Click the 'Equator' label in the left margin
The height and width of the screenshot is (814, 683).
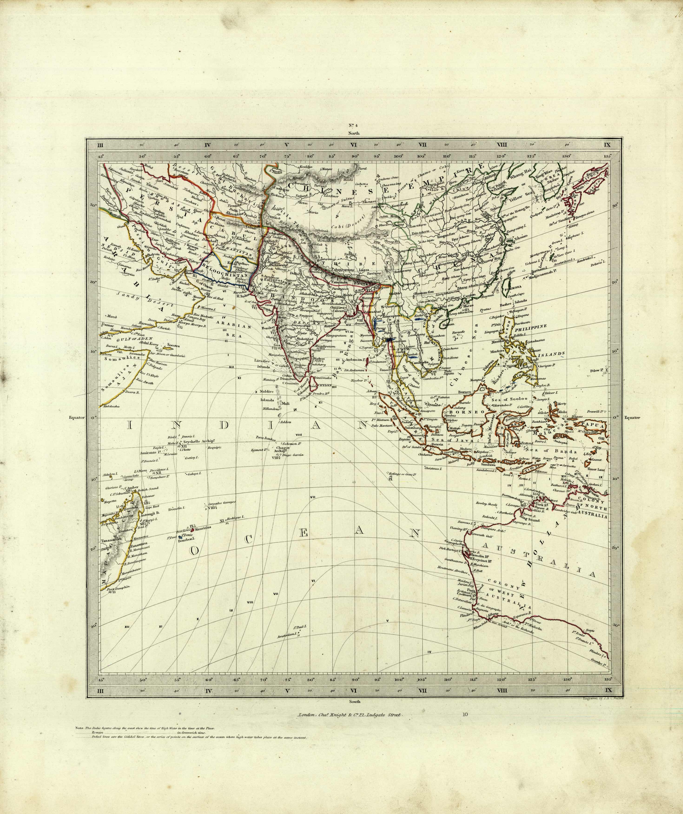coord(76,418)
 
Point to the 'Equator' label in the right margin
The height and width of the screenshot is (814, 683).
coord(632,418)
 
